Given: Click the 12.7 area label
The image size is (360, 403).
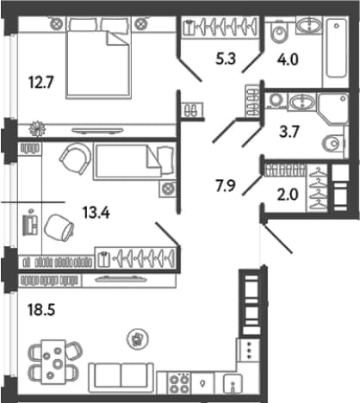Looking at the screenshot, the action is (x=40, y=83).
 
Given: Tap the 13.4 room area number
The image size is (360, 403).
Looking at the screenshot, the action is (x=96, y=213).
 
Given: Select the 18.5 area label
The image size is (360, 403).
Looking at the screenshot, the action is (x=41, y=310).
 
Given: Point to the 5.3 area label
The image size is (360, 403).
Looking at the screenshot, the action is (x=226, y=59).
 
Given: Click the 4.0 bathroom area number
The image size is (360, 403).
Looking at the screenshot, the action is (x=288, y=59).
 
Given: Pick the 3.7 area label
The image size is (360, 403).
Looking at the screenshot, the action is (x=289, y=133).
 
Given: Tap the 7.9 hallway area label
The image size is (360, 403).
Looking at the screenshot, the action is (x=226, y=186).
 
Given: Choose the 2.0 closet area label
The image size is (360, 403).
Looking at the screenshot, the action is (x=288, y=195).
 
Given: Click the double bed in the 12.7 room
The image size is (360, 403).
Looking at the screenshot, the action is (x=98, y=58).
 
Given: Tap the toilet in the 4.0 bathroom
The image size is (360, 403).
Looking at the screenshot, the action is (x=279, y=31).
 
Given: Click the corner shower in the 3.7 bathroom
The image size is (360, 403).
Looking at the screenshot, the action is (x=333, y=108).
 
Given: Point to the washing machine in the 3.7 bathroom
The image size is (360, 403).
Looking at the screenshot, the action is (x=276, y=101).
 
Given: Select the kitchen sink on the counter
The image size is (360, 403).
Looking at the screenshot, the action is (x=233, y=384).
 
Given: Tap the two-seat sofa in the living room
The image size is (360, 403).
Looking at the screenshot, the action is (x=121, y=377).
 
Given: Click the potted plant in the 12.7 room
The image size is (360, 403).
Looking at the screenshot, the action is (x=37, y=128).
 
